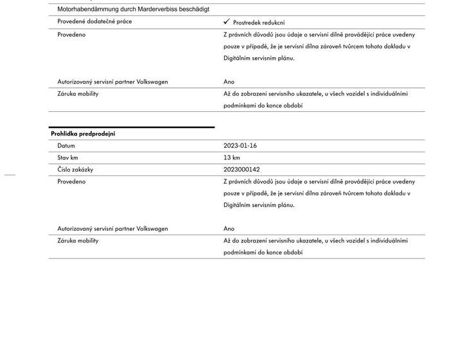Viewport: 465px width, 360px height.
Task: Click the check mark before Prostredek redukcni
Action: (x=227, y=22)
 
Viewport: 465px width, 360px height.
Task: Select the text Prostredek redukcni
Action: (x=259, y=22)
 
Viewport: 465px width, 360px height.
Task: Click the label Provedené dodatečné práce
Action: (x=95, y=22)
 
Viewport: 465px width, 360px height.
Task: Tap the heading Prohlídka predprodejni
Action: (x=83, y=134)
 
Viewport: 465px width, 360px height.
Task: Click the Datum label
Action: (x=66, y=146)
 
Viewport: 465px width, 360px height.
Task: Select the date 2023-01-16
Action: (x=240, y=146)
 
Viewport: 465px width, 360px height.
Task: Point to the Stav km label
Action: (x=67, y=157)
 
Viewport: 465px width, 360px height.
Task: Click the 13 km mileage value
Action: (x=232, y=157)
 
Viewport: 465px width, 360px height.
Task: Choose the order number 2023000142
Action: (x=243, y=170)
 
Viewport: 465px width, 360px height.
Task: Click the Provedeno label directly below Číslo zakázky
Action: (x=71, y=182)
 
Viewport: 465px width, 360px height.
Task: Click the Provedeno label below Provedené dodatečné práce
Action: (x=71, y=35)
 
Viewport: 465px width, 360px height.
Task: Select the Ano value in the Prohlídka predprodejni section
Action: (x=229, y=229)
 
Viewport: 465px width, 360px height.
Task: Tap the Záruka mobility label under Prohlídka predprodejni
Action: (x=78, y=240)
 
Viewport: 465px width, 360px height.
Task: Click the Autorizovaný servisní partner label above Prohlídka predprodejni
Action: (x=112, y=82)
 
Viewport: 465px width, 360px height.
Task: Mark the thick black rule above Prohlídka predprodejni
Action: (x=132, y=127)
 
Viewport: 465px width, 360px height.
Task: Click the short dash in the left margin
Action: (x=9, y=174)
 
